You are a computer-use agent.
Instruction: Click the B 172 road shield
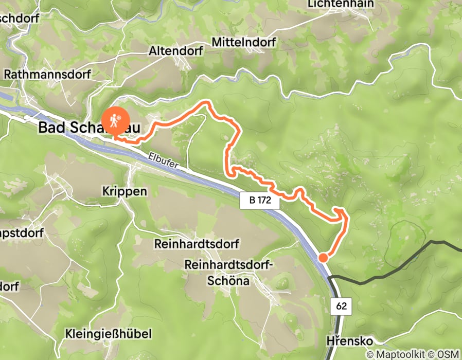coord(259,201)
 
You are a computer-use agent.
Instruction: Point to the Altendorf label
coord(176,51)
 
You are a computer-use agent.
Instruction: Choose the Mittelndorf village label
coord(243,42)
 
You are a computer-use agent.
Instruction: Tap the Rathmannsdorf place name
coord(47,75)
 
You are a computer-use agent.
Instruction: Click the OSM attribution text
coord(447,354)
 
